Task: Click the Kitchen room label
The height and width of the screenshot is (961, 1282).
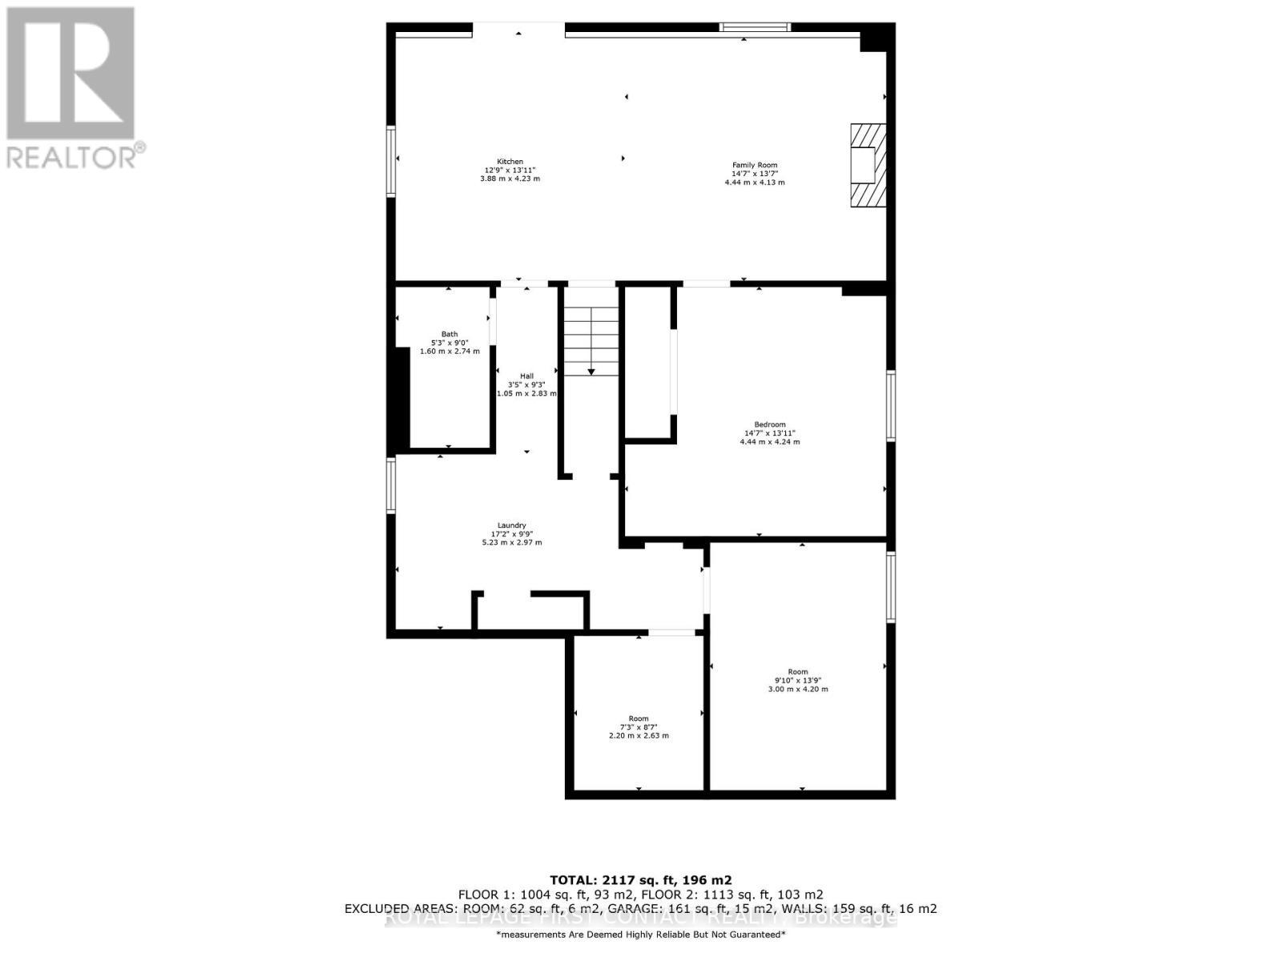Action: click(x=510, y=162)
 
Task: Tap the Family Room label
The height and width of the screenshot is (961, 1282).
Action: click(x=754, y=165)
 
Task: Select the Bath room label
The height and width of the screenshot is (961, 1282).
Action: click(x=450, y=334)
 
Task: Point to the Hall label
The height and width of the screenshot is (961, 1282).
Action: click(x=526, y=376)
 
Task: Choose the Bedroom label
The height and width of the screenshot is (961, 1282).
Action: click(x=769, y=424)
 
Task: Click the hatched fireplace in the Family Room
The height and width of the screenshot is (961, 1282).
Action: click(x=868, y=166)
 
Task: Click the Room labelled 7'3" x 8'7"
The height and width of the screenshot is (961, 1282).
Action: click(x=639, y=727)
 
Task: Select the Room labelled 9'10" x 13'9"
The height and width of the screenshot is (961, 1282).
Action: click(x=798, y=680)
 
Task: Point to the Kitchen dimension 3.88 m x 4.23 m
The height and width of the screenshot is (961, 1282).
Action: click(x=510, y=179)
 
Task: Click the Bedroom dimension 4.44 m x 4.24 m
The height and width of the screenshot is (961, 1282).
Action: click(x=769, y=441)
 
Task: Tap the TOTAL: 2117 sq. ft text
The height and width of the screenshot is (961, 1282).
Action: click(x=640, y=879)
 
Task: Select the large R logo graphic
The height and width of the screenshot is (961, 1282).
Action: click(x=71, y=72)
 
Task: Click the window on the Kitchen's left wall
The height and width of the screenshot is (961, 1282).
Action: click(x=391, y=161)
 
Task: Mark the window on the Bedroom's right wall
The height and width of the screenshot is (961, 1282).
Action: click(x=890, y=405)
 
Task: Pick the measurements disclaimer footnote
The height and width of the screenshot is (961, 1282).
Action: click(x=640, y=935)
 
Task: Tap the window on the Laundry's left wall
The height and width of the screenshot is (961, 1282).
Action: click(x=391, y=485)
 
